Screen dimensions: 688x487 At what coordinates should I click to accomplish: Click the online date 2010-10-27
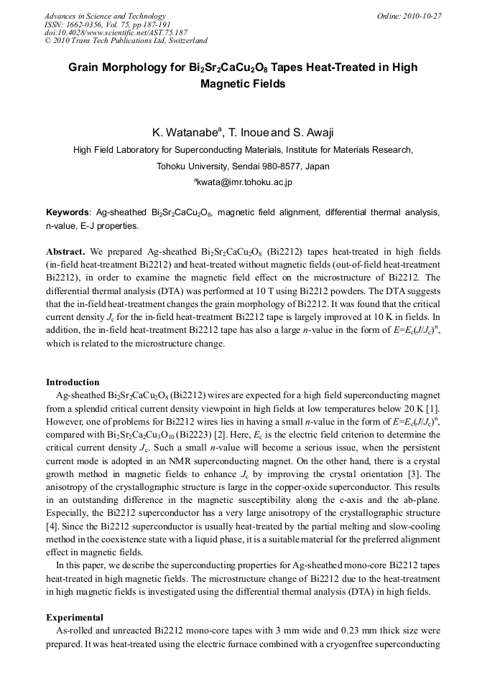[422, 16]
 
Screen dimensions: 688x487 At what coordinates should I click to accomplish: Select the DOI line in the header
[116, 32]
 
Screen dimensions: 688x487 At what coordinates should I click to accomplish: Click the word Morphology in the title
[132, 68]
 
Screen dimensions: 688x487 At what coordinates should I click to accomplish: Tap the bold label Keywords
[68, 213]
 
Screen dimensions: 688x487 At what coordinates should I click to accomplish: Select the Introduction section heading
[73, 382]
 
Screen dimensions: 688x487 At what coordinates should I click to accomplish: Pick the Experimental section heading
[75, 617]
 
